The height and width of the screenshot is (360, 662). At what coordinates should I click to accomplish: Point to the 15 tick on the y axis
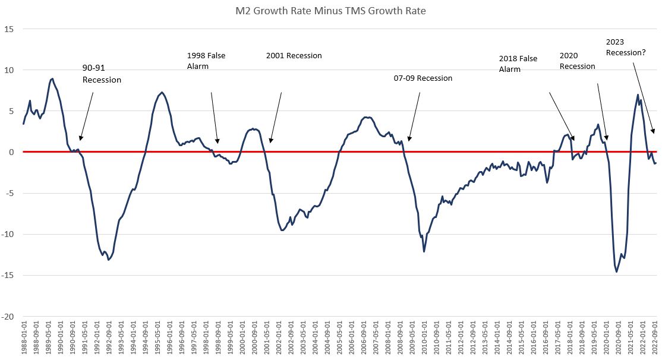click(11, 29)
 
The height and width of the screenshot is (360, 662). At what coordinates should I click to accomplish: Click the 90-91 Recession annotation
click(102, 74)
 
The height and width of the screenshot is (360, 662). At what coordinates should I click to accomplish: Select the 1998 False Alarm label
click(206, 61)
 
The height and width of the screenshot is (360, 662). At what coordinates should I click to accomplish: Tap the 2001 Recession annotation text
click(294, 56)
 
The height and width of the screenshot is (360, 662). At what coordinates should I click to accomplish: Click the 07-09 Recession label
click(423, 78)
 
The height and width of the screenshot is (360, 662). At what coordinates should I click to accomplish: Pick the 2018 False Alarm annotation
click(518, 64)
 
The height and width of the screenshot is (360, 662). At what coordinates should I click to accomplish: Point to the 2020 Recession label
click(577, 61)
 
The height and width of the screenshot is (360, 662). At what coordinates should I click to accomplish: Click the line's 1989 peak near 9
click(52, 78)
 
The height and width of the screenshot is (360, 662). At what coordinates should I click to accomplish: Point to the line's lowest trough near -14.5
click(617, 271)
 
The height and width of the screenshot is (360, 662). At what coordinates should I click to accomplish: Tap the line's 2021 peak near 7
click(638, 95)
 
